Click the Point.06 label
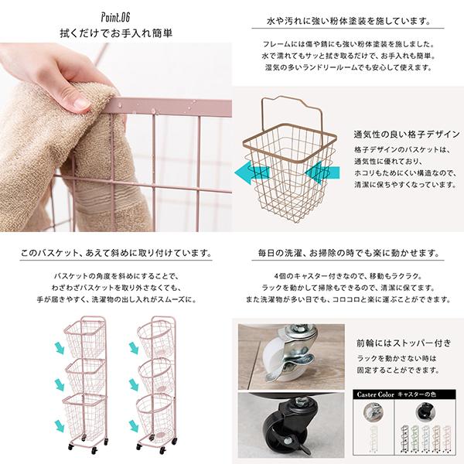coord(115,18)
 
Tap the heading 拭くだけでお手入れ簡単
coord(116,33)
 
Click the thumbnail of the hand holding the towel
coord(116,138)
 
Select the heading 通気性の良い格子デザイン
coord(407,135)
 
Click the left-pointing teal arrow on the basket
coord(252,172)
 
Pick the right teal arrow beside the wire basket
coord(322,172)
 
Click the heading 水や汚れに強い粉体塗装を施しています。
coord(348,22)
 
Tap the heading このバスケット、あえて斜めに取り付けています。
coord(116,254)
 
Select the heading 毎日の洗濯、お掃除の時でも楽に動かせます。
coord(348,254)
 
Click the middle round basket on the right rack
coord(155,377)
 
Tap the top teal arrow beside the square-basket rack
coord(60,347)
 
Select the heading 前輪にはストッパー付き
coord(404,343)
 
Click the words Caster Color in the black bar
coord(376,394)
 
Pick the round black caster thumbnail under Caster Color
coord(425,412)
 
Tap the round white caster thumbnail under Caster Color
coord(374,412)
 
